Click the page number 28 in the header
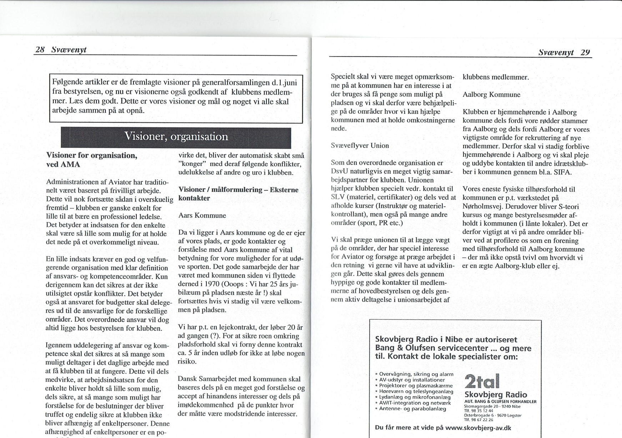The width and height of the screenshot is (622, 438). tap(40, 50)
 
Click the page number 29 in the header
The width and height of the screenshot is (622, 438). tap(585, 52)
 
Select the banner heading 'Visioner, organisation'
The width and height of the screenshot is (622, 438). tap(176, 137)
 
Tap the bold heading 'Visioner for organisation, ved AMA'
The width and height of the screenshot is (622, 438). tap(92, 160)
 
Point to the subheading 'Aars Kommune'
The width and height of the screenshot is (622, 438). tap(202, 215)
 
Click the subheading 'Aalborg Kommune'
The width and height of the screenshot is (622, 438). tap(491, 95)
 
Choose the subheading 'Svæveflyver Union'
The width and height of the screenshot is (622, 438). tap(360, 146)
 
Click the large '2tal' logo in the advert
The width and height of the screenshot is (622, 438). tap(482, 381)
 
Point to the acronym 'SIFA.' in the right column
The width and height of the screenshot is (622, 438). tap(562, 172)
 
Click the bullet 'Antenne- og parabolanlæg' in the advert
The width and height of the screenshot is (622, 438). tap(412, 409)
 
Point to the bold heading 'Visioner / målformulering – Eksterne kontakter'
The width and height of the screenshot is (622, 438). tap(238, 194)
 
